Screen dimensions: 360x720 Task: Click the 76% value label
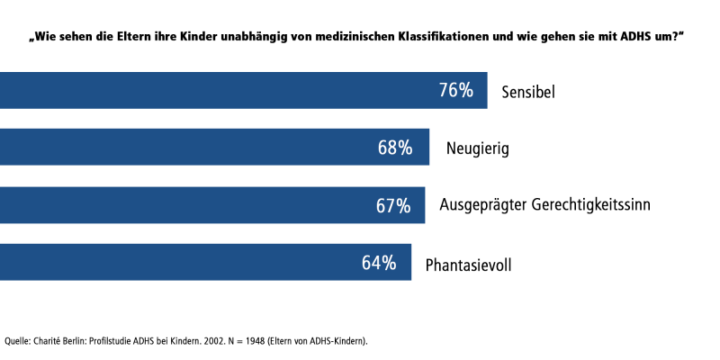(456, 90)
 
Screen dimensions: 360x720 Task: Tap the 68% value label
(395, 148)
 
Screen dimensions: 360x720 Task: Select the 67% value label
(393, 205)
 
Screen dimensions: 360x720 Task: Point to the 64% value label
(379, 263)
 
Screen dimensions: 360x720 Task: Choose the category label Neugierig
(477, 148)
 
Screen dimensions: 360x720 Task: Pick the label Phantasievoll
(469, 264)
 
